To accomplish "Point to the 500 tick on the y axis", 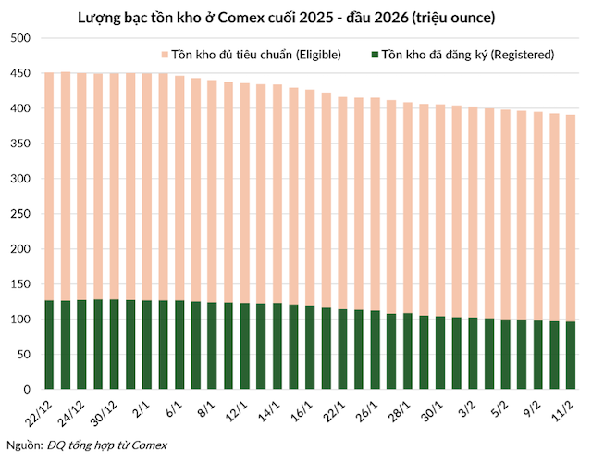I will [20, 39].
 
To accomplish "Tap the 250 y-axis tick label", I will [20, 214].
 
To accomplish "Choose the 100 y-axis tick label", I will [20, 320].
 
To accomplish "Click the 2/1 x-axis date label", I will [142, 408].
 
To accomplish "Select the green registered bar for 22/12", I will [50, 345].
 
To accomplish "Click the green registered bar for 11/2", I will [569, 356].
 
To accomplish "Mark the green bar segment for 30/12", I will [115, 345].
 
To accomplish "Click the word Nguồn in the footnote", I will [22, 445].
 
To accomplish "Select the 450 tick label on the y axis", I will [20, 74].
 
